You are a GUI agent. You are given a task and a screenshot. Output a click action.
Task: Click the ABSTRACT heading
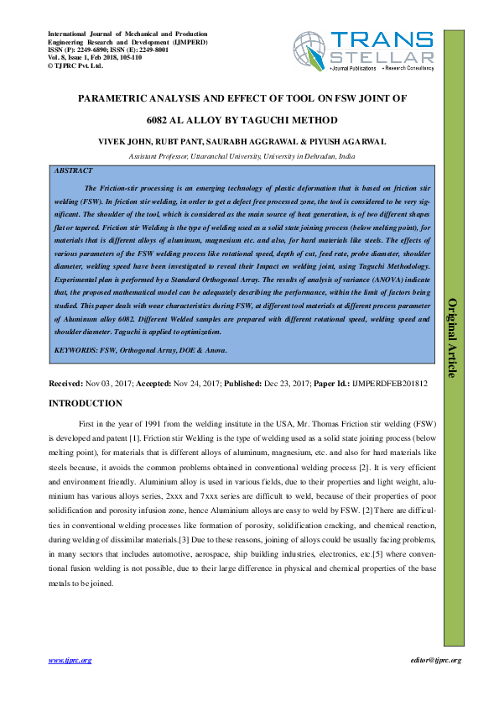[73, 170]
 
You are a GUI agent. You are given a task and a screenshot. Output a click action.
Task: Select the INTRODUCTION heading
[86, 403]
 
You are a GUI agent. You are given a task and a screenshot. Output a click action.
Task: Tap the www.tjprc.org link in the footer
[70, 661]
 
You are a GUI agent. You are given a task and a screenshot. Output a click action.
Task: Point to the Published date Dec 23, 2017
[284, 383]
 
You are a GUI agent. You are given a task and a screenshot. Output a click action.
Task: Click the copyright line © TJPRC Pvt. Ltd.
[75, 64]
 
